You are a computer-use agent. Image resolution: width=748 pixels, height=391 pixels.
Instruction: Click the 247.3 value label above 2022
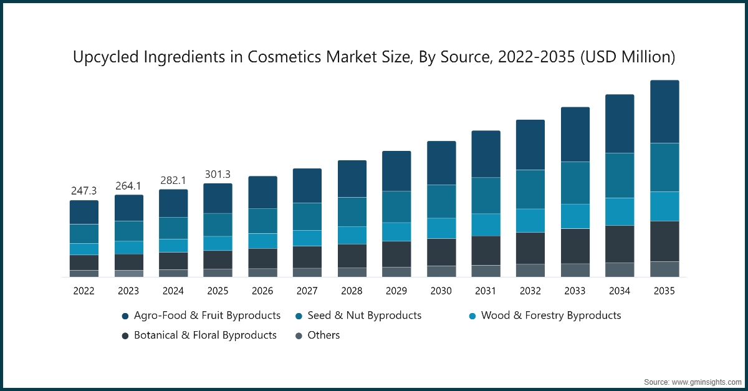coord(84,191)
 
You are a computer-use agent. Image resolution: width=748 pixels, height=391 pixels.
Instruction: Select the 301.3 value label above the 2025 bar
coord(218,174)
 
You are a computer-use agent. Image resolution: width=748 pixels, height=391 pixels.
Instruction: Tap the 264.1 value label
coord(128,186)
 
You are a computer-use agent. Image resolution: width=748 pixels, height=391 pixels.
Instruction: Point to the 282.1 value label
coord(173,180)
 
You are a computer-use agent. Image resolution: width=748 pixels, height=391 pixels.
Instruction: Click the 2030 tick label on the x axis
coord(441,291)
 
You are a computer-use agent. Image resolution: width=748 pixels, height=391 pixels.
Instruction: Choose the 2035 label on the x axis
coord(664,291)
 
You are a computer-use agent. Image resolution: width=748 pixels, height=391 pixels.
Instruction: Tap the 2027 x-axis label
coord(307,291)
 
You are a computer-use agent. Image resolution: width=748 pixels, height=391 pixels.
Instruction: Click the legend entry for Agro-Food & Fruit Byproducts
coord(207,316)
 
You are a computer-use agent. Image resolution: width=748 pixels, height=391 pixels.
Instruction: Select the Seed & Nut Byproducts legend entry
coord(364,316)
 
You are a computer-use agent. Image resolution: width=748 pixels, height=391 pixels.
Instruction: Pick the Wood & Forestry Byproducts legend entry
coord(551,316)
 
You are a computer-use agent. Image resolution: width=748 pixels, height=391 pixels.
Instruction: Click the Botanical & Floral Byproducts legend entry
coord(205,335)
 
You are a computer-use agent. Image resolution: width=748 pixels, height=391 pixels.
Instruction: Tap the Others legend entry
coord(324,335)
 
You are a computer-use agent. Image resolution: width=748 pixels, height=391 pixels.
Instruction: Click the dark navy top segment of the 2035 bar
coord(664,112)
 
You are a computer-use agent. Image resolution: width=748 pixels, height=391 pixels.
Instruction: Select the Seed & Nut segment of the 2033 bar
coord(575,183)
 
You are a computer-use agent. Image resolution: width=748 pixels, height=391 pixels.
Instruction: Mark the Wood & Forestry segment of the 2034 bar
coord(620,211)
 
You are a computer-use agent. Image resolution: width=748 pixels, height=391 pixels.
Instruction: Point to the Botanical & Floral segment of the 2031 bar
coord(486,250)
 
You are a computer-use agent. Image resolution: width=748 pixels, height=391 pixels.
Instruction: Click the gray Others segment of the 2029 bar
coord(396,271)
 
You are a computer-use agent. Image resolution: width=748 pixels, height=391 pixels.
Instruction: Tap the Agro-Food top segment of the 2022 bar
coord(84,212)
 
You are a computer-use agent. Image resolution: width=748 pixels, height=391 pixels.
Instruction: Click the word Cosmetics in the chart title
coord(284,57)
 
